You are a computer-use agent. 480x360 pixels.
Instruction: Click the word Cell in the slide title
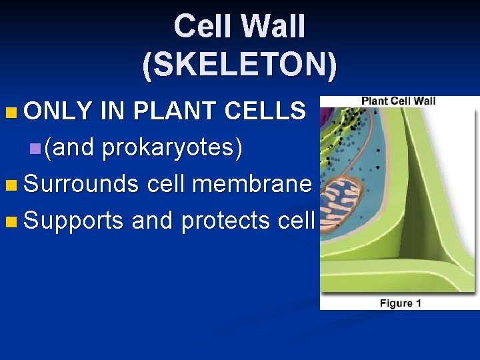pyautogui.click(x=201, y=27)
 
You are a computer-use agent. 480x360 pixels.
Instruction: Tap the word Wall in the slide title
pyautogui.click(x=274, y=27)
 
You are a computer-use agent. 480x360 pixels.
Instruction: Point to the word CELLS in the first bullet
pyautogui.click(x=265, y=111)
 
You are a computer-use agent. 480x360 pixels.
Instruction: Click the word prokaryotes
pyautogui.click(x=172, y=148)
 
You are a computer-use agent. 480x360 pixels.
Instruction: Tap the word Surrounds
pyautogui.click(x=81, y=183)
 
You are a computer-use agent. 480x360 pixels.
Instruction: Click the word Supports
pyautogui.click(x=74, y=220)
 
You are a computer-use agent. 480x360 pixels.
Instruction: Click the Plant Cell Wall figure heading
pyautogui.click(x=398, y=101)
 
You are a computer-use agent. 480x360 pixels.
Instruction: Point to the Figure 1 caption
pyautogui.click(x=400, y=303)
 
